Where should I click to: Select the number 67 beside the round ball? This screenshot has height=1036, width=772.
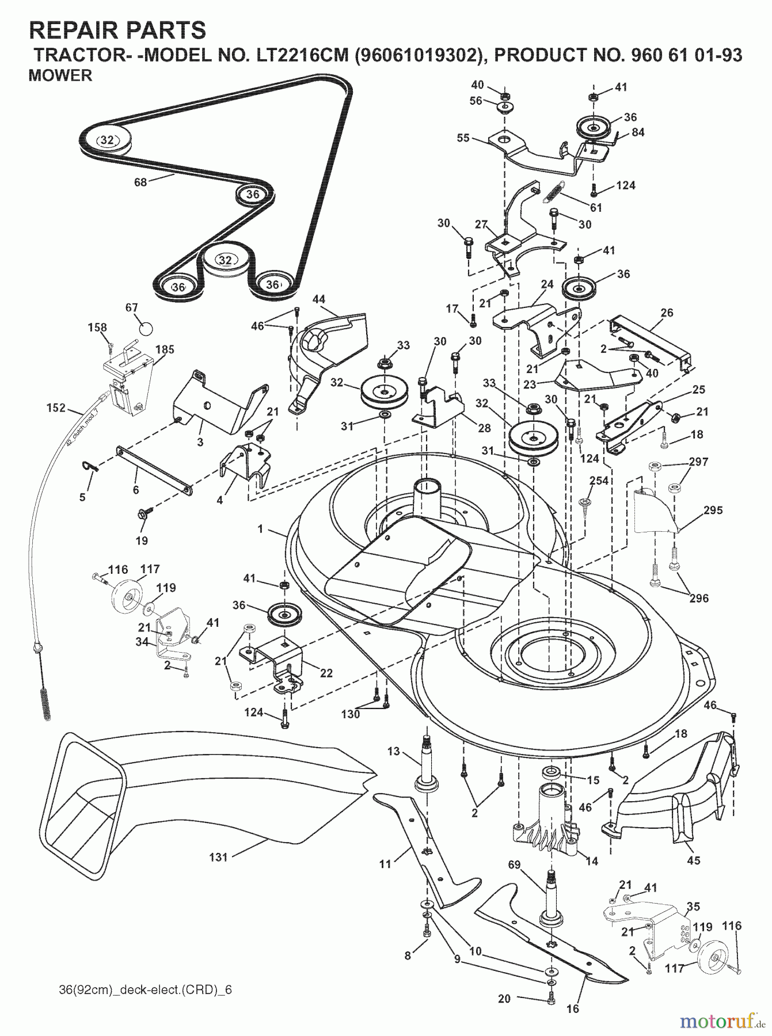coord(132,308)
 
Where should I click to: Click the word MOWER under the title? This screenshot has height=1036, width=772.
coord(60,76)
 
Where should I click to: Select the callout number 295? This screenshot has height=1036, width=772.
coord(713,510)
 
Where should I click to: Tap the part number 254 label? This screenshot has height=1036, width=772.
coord(598,480)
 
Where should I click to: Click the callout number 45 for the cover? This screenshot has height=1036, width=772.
coord(694,860)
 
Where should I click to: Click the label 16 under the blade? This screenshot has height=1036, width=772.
coord(573,1009)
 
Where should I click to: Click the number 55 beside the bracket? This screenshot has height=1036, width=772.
coord(463,138)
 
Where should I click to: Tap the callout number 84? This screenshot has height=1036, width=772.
coord(638,132)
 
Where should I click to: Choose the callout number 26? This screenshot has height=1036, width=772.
coord(667,313)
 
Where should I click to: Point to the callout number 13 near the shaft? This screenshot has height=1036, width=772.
coord(393,751)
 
